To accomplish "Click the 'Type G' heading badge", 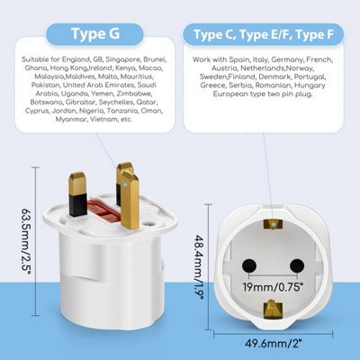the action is [94, 34].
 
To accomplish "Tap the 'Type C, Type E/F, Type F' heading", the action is [264, 34].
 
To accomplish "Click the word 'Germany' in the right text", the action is [287, 59].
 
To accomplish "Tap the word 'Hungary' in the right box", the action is [310, 85].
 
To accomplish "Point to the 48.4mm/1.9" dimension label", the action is [200, 267].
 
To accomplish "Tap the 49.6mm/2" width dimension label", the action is [274, 344].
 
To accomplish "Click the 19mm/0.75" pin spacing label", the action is [272, 287].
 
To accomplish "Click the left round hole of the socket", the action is [249, 265].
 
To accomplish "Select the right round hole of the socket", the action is [297, 265].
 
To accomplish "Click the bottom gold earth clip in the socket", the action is [273, 309].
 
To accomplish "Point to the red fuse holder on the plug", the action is [103, 210].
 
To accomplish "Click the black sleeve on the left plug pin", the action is [78, 205].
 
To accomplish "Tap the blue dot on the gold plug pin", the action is [125, 184].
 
